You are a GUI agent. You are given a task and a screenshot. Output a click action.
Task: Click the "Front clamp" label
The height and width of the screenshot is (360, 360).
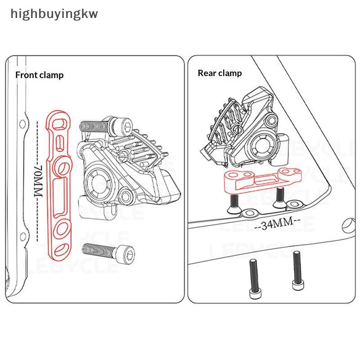point(39,75)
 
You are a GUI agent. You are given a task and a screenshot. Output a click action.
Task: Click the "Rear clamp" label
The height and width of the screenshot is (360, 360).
point(220,73)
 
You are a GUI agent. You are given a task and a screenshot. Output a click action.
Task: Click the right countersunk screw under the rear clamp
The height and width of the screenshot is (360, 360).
point(279,197)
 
